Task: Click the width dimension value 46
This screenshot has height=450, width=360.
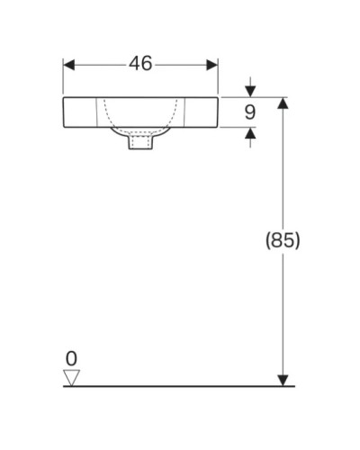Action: (x=140, y=64)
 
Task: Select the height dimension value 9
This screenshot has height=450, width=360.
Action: (x=251, y=113)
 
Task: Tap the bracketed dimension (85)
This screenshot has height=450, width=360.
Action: (x=282, y=240)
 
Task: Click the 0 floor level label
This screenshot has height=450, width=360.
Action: (x=71, y=358)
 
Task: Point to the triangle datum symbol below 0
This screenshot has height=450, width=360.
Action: (x=72, y=377)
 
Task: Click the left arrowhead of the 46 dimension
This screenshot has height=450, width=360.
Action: (x=69, y=64)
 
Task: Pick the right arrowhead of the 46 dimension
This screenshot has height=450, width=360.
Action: (x=212, y=64)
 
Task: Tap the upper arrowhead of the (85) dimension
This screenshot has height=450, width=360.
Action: (x=283, y=104)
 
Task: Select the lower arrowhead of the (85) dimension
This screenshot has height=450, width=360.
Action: (x=283, y=380)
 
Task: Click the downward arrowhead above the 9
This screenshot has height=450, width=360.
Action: (x=250, y=91)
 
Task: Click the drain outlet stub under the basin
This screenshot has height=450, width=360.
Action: (x=140, y=142)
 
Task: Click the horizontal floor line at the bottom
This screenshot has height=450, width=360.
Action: (x=180, y=387)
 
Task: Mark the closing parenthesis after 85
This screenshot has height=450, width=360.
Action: (x=296, y=240)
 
